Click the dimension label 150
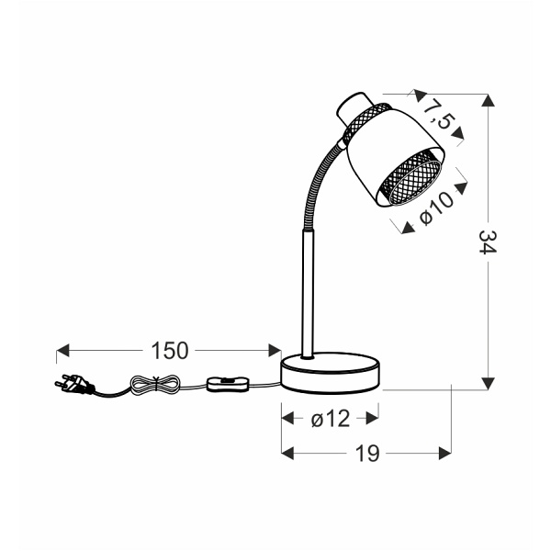[169, 350]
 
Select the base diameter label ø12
[330, 419]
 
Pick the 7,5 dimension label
[439, 116]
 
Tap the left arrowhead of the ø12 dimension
[286, 419]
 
